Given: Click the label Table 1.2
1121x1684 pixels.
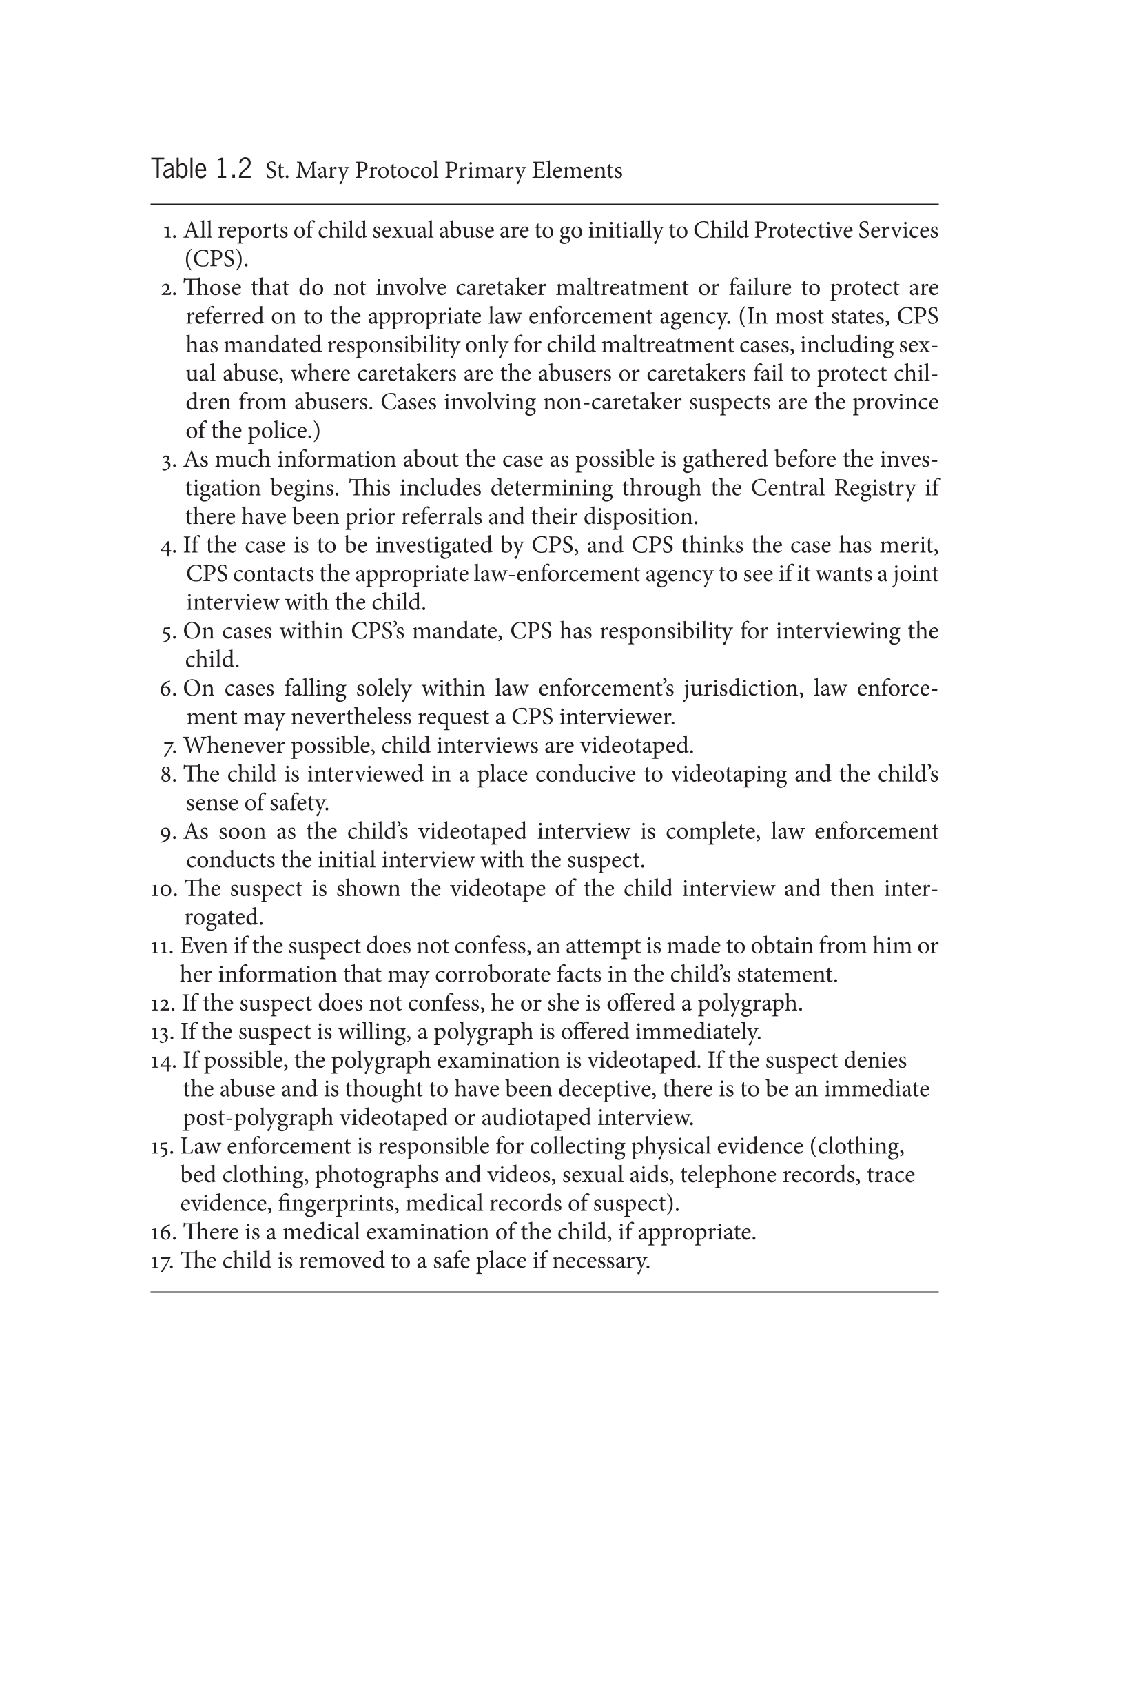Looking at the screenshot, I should (201, 170).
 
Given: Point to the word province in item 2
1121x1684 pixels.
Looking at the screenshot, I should (895, 403).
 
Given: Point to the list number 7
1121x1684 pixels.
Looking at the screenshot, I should (169, 747).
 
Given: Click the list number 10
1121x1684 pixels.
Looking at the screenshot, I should (164, 889).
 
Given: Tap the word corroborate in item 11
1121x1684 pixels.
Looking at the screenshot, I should (493, 975).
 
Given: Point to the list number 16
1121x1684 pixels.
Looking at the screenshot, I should (164, 1232).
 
